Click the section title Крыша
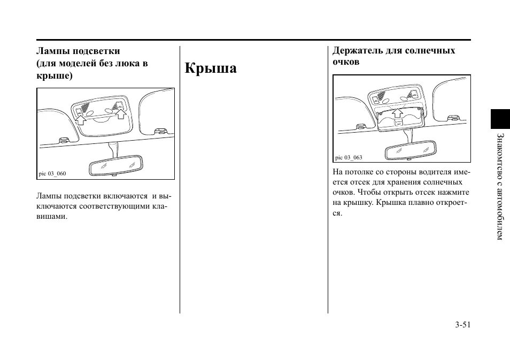211,68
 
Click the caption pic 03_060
52,173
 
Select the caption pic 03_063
349,157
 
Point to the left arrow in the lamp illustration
81,118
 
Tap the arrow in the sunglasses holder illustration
397,113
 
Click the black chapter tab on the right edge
500,119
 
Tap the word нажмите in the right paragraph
454,193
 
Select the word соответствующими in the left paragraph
112,206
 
